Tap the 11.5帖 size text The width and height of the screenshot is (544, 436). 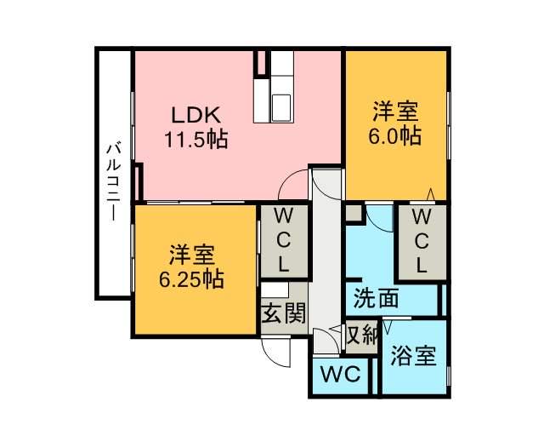pyautogui.click(x=195, y=139)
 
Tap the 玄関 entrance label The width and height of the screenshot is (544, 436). pyautogui.click(x=283, y=313)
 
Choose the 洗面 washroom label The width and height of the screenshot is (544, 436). pyautogui.click(x=376, y=298)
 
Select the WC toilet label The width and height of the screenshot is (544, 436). pyautogui.click(x=340, y=373)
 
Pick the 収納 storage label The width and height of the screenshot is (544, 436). pyautogui.click(x=360, y=335)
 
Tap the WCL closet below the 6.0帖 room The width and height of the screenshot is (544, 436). pyautogui.click(x=422, y=241)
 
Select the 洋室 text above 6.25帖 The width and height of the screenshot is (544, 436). pyautogui.click(x=191, y=254)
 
